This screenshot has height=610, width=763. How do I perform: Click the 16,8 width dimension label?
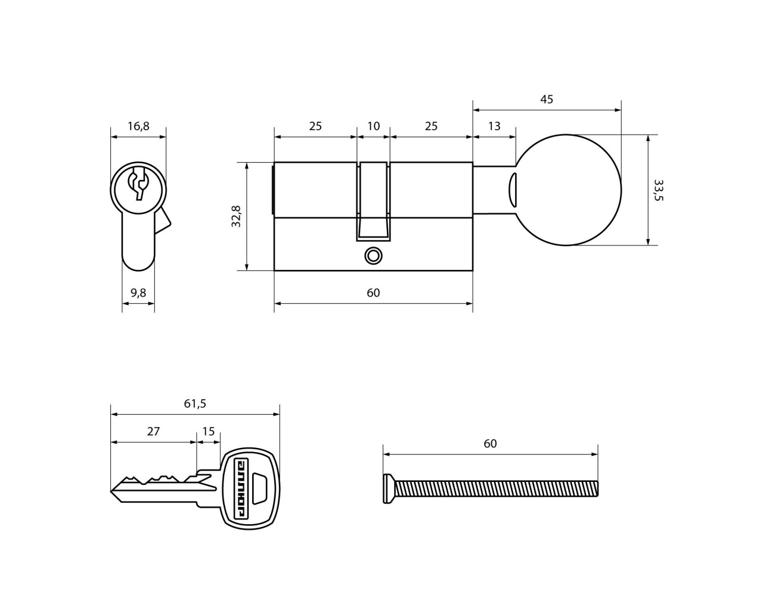click(138, 126)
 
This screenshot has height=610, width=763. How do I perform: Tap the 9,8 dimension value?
click(138, 292)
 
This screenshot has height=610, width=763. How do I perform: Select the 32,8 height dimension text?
click(236, 216)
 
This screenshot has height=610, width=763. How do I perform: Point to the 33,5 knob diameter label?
click(658, 190)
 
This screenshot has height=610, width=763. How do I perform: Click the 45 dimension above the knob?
click(547, 99)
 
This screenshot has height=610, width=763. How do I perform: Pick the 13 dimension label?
click(494, 126)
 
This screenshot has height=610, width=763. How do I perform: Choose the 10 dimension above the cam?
click(373, 126)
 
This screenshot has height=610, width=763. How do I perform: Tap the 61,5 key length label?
click(195, 403)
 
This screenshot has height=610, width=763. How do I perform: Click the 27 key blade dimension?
click(153, 431)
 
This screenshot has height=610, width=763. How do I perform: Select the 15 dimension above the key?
click(209, 431)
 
